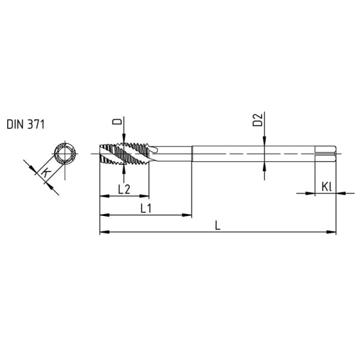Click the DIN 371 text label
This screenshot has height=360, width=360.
[25, 124]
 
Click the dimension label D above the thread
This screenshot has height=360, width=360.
[117, 121]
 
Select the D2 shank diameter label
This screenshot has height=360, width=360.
[257, 120]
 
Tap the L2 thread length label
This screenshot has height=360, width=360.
[124, 190]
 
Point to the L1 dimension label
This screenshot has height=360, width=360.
[146, 208]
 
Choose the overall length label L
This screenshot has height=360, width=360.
[218, 226]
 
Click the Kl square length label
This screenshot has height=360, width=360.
[326, 187]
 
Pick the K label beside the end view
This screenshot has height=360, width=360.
[46, 172]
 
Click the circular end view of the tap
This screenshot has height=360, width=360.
[65, 153]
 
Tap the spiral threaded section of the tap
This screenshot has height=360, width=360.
[124, 154]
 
